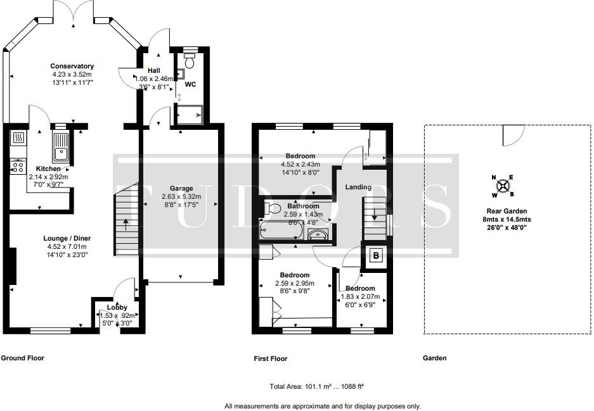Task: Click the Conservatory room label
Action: [x=72, y=66]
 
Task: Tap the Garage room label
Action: [x=181, y=189]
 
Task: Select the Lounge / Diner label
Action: [x=67, y=238]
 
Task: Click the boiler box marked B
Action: [x=376, y=255]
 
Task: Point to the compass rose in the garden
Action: [x=503, y=186]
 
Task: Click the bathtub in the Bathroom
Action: [x=281, y=230]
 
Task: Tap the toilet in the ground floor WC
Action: [x=190, y=60]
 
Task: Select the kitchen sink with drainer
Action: [x=61, y=148]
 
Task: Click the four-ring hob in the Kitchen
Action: [x=18, y=167]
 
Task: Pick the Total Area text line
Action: [x=317, y=386]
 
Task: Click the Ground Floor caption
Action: [x=22, y=358]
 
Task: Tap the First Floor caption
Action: [x=271, y=358]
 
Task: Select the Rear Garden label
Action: [x=507, y=211]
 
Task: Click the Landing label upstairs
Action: [x=358, y=187]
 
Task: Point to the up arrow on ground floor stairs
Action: [x=126, y=224]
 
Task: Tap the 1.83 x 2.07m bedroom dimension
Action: [x=361, y=297]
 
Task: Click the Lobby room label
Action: [x=117, y=307]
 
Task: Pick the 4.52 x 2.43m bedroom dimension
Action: [x=300, y=164]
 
